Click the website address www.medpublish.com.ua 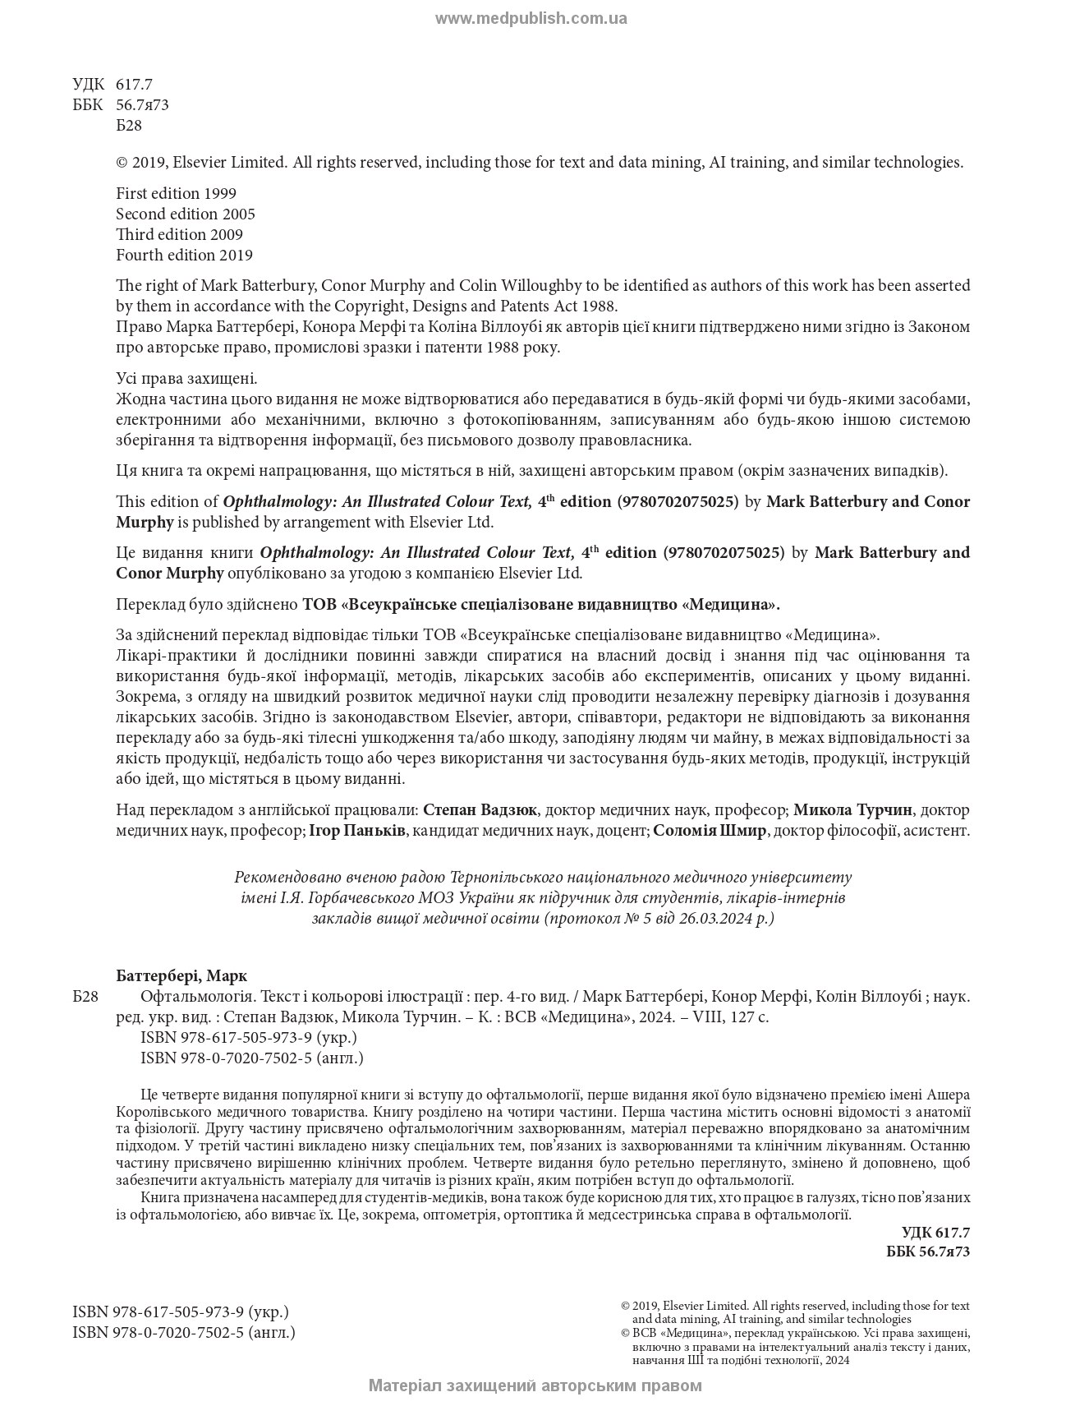pyautogui.click(x=531, y=19)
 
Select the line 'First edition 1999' pyautogui.click(x=176, y=194)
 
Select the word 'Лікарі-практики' pyautogui.click(x=167, y=656)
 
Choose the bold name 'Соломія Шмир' pyautogui.click(x=710, y=831)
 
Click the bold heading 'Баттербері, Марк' pyautogui.click(x=181, y=976)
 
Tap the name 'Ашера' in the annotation pyautogui.click(x=948, y=1095)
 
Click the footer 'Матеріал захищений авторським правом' pyautogui.click(x=535, y=1385)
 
